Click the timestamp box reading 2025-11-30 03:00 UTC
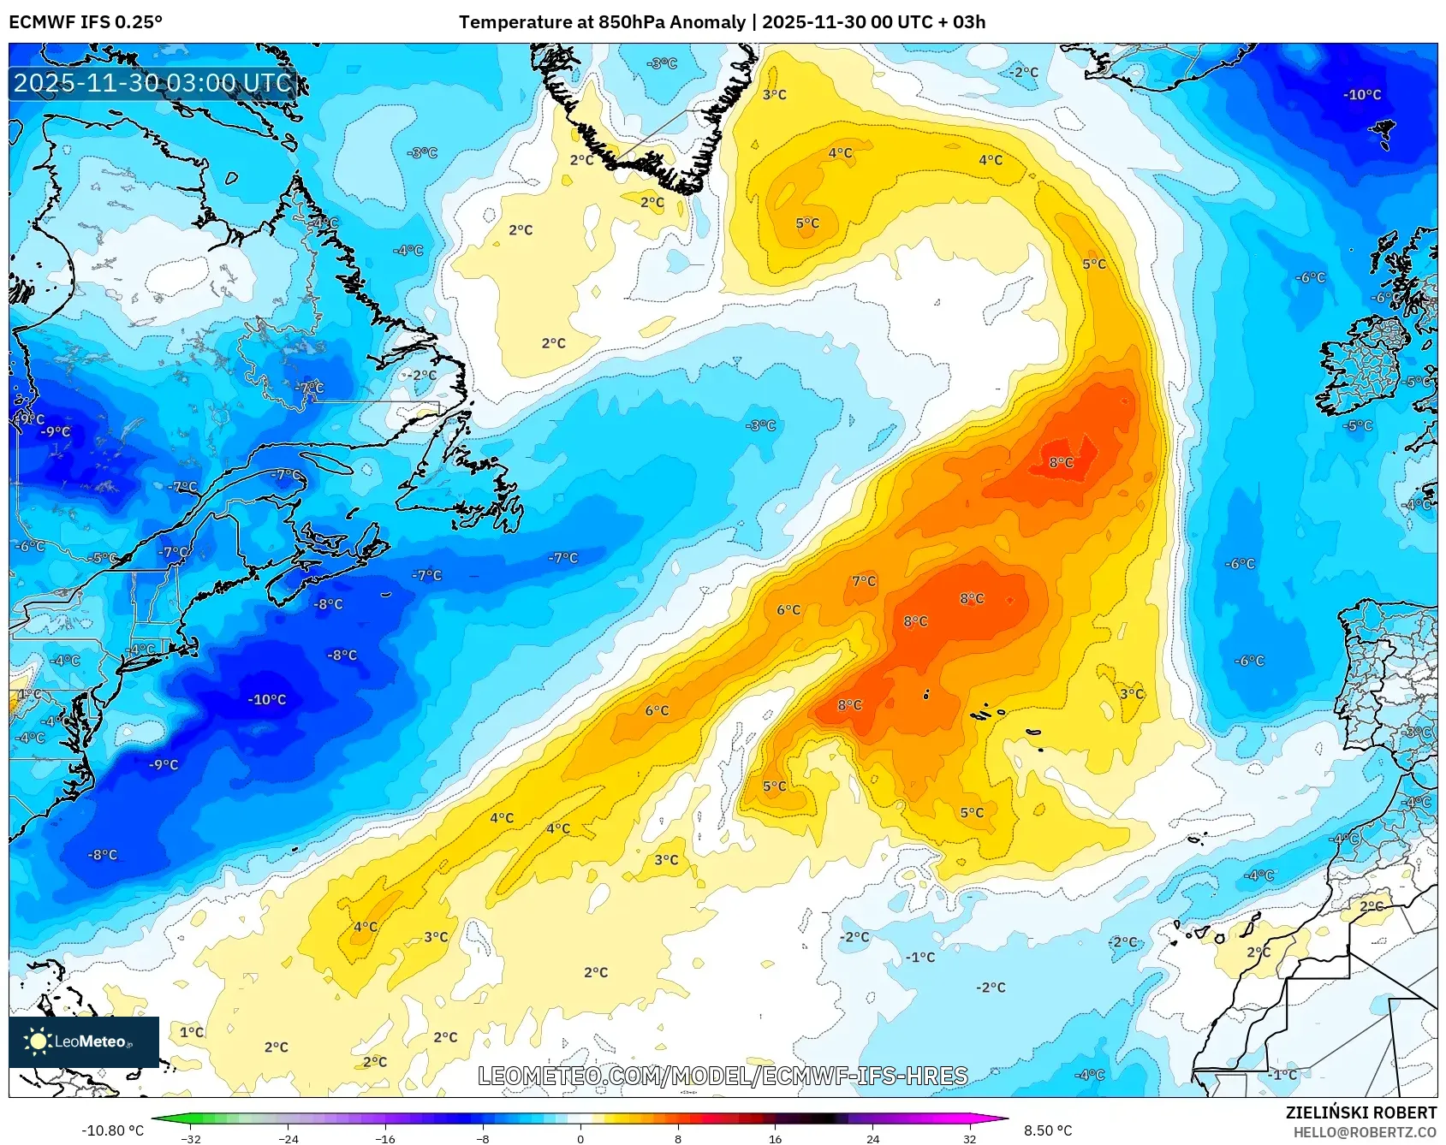tap(152, 83)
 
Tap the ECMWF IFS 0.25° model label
tap(86, 22)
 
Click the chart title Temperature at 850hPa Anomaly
tap(602, 22)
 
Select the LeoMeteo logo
tap(84, 1041)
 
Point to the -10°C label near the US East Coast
tap(267, 700)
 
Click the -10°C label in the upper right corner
tap(1361, 95)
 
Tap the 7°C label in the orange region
tap(864, 581)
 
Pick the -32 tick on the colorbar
tap(192, 1138)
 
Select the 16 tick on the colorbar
tap(775, 1138)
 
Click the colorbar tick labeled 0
tap(580, 1138)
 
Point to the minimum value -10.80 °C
tap(112, 1130)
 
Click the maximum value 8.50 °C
tap(1048, 1130)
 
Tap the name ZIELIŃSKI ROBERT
tap(1360, 1112)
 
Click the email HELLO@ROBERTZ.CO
tap(1364, 1132)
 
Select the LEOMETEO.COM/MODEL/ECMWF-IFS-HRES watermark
tap(723, 1076)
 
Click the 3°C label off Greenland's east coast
tap(774, 95)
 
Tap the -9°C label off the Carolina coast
tap(164, 765)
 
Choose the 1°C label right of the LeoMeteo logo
tap(192, 1032)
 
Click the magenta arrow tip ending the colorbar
tap(1003, 1118)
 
